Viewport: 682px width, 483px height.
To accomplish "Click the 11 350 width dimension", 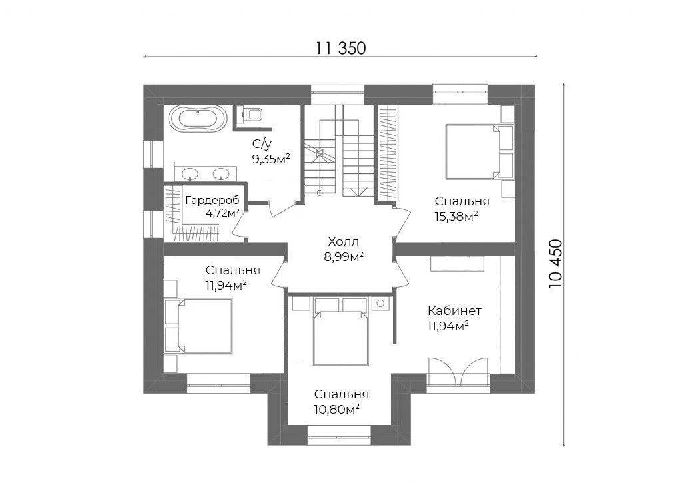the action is coord(340,48).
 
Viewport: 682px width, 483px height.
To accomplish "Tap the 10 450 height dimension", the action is coord(556,264).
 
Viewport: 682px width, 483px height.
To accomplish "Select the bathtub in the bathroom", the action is coord(197,118).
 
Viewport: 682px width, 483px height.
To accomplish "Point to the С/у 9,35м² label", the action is coord(271,151).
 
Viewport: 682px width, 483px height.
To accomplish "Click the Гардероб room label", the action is coord(212,200).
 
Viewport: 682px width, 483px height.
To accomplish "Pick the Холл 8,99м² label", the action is coord(344,249).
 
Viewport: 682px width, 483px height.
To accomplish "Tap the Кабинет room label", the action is coord(454,311).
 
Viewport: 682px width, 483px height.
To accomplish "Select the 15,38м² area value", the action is coord(457,216).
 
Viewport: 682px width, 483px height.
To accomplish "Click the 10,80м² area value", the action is coord(336,409).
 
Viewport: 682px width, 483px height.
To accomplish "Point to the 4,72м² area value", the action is coord(222,213).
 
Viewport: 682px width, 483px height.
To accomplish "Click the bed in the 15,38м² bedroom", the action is coord(473,151).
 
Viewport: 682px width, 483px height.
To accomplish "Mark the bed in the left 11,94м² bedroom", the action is coord(204,326).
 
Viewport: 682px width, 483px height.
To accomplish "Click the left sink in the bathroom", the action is coord(190,174).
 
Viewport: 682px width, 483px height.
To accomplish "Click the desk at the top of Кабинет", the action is coord(457,264).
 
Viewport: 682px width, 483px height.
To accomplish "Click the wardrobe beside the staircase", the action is coord(386,154).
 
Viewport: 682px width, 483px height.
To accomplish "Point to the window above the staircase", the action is coord(338,95).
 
